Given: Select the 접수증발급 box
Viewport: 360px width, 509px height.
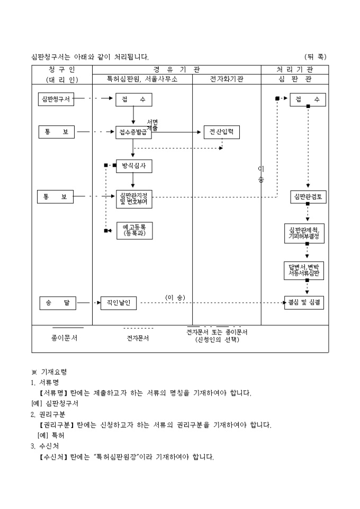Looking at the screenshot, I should [134, 132].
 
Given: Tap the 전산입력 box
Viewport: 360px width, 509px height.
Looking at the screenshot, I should [221, 132].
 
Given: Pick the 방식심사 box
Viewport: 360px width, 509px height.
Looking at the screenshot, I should [134, 166].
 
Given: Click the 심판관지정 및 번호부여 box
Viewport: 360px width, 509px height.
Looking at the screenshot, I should [134, 199].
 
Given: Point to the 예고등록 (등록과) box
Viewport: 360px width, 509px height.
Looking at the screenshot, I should [134, 230].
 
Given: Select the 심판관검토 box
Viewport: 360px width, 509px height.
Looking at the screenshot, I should [308, 197].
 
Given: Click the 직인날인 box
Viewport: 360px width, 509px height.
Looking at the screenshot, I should [119, 303].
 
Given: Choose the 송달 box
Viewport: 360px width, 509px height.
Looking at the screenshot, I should [58, 303].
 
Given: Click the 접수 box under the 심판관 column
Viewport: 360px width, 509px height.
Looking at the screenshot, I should [308, 99].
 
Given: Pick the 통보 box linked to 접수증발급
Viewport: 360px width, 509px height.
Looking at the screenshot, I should [57, 132].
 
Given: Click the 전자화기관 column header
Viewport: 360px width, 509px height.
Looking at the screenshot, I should [226, 79].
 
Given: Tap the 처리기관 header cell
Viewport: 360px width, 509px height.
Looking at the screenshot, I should [294, 69].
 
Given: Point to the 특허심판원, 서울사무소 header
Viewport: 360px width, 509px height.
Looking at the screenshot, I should [142, 79].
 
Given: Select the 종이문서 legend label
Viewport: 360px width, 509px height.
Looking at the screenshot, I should [65, 338].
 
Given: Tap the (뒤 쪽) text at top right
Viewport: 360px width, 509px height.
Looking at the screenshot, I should [316, 57].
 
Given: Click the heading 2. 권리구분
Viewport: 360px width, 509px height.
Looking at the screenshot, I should [49, 414].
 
